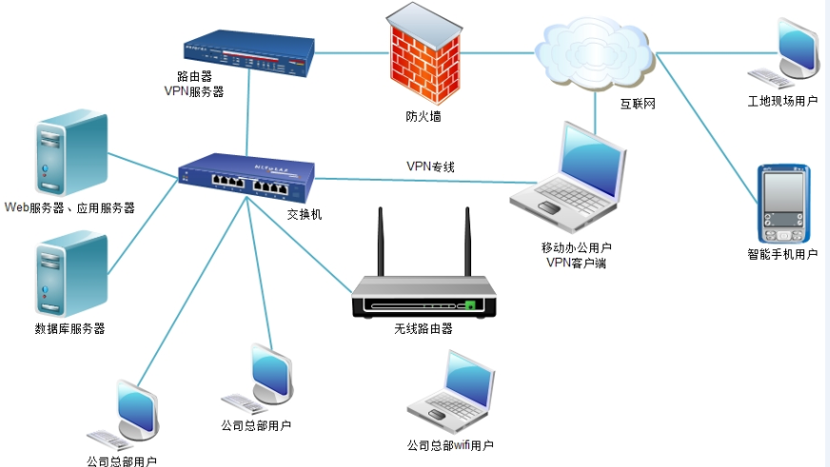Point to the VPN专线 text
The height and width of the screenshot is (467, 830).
[430, 166]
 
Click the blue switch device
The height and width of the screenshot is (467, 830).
[247, 176]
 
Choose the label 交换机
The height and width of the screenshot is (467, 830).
[305, 215]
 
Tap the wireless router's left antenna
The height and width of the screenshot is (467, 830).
[380, 243]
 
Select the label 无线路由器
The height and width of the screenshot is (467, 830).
[423, 329]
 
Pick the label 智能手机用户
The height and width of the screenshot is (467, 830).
[782, 255]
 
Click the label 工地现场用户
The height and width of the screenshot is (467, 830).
[782, 101]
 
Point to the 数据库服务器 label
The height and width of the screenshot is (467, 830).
[69, 329]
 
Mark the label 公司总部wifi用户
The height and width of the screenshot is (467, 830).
[450, 445]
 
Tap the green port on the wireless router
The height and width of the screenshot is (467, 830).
[469, 305]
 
